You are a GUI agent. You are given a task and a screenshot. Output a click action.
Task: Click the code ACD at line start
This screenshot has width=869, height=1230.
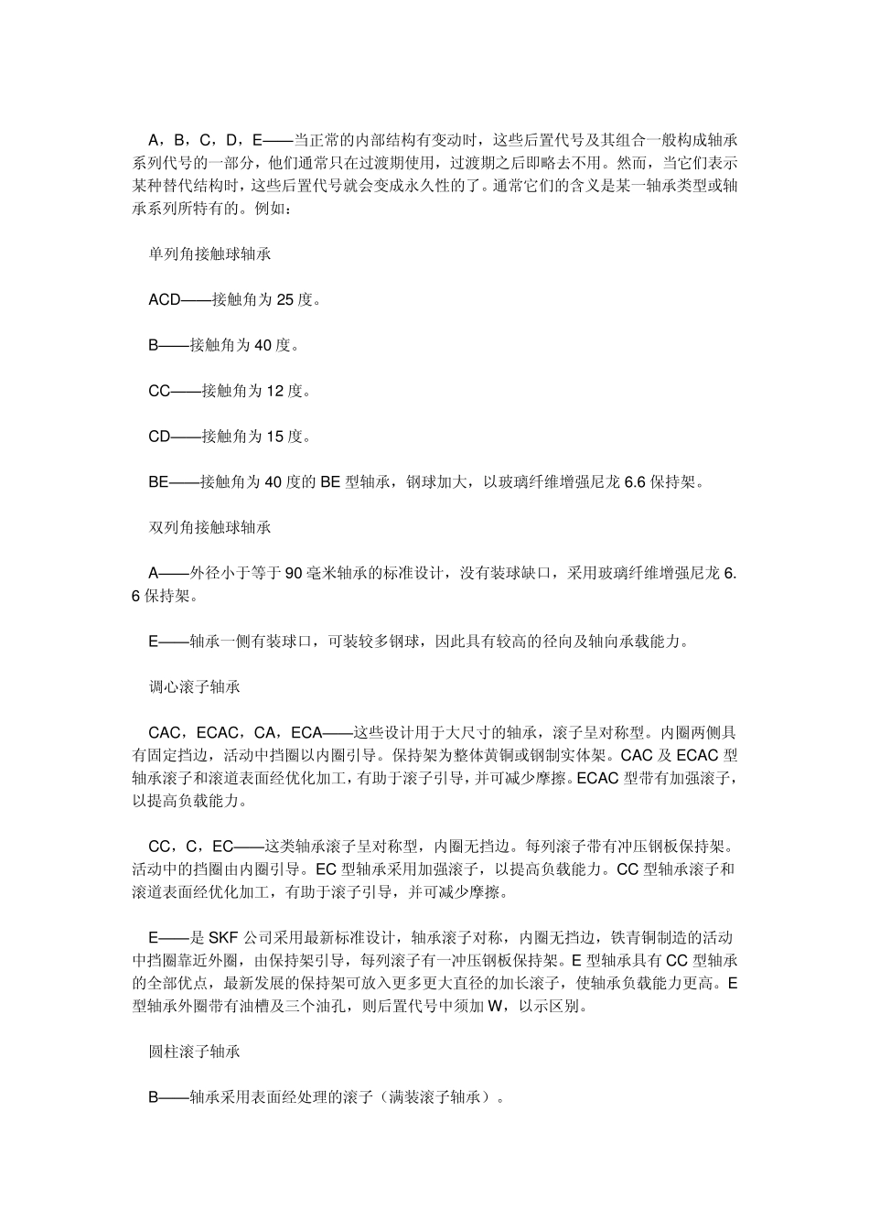(165, 299)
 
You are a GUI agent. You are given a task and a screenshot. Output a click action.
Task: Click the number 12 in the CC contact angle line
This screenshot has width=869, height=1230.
(274, 391)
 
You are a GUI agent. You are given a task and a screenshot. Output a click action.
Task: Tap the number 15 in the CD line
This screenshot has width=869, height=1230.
(274, 437)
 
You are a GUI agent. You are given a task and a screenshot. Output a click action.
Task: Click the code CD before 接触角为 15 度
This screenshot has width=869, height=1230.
(160, 437)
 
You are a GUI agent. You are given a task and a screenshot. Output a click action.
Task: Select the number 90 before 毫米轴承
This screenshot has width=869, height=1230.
(294, 573)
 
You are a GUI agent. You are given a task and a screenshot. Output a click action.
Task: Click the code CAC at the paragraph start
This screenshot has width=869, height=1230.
(165, 732)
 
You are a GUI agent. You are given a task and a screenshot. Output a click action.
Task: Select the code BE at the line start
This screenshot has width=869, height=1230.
(158, 482)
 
